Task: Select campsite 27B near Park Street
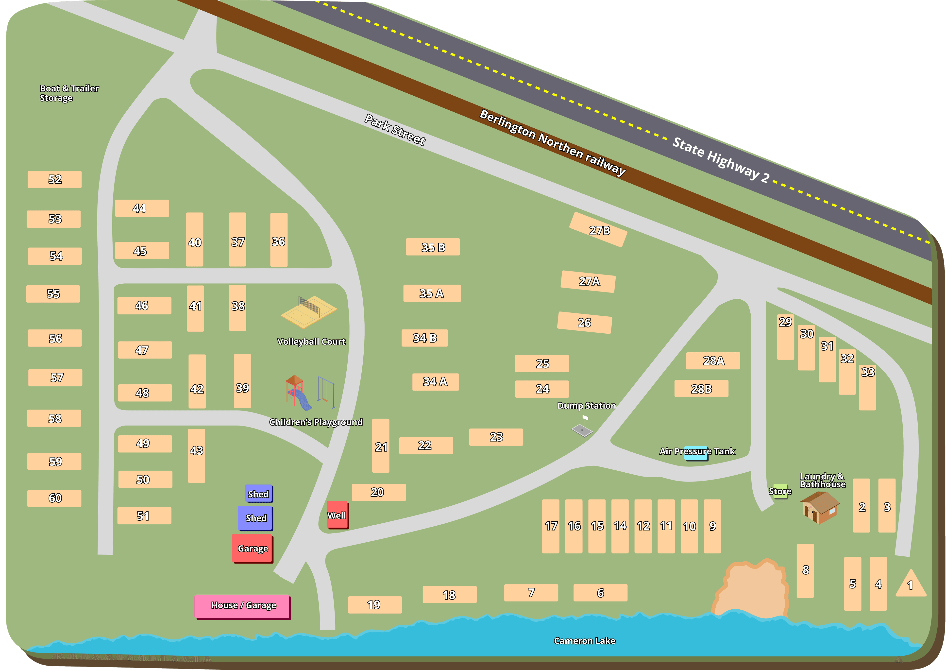click(598, 230)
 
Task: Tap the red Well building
click(337, 515)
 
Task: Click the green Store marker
click(780, 491)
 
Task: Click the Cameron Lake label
click(584, 641)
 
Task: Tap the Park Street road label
click(395, 130)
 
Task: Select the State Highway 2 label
click(720, 160)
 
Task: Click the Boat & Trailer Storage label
click(69, 93)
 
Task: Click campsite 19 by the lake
click(374, 605)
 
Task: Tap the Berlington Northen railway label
click(553, 143)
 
